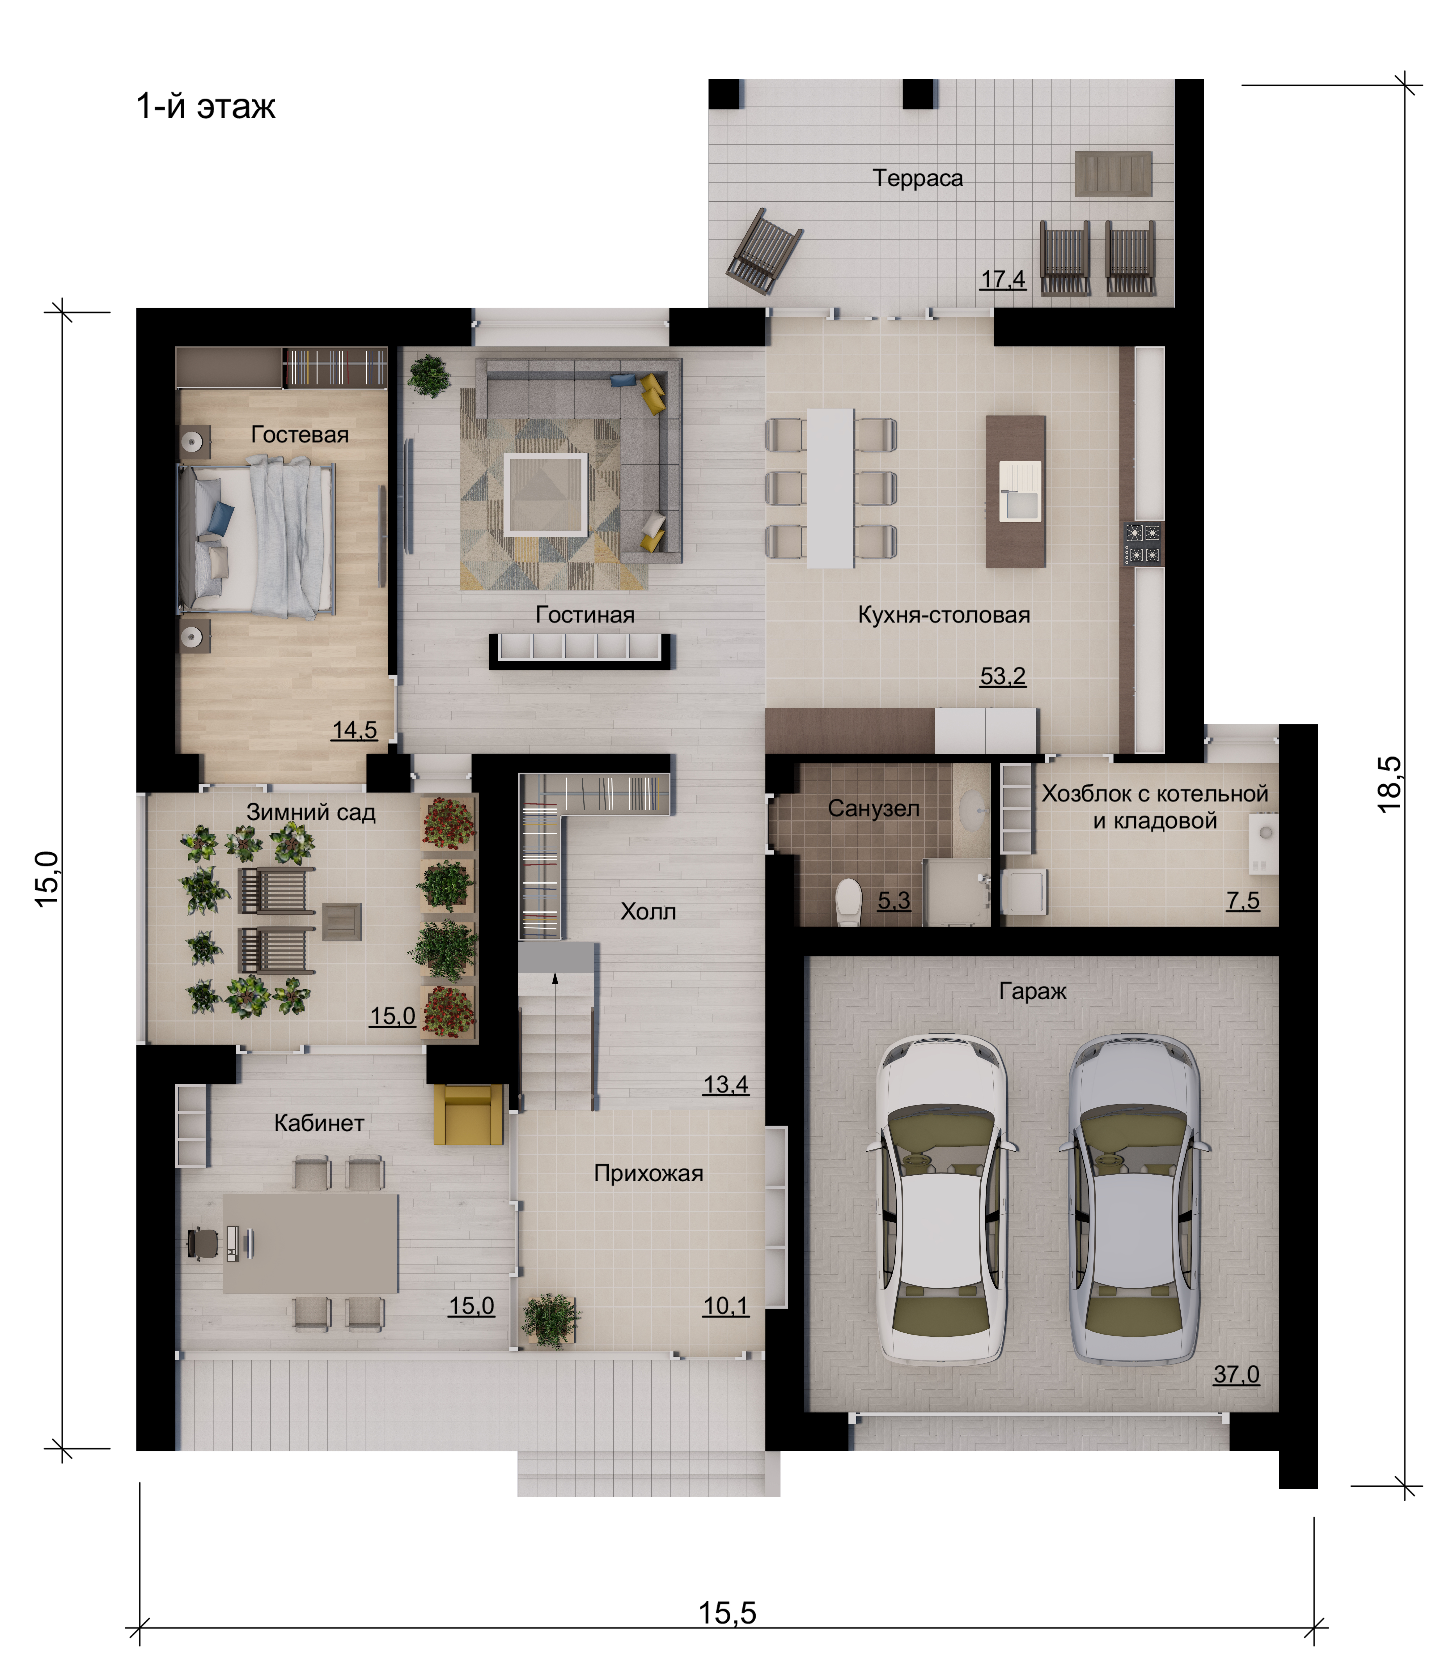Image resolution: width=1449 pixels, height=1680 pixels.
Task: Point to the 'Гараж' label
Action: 1032,991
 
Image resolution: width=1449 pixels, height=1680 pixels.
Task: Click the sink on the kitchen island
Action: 1019,490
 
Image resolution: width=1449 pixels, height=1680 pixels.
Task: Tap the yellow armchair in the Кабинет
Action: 468,1115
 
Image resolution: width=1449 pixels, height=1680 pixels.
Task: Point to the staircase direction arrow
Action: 555,1041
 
